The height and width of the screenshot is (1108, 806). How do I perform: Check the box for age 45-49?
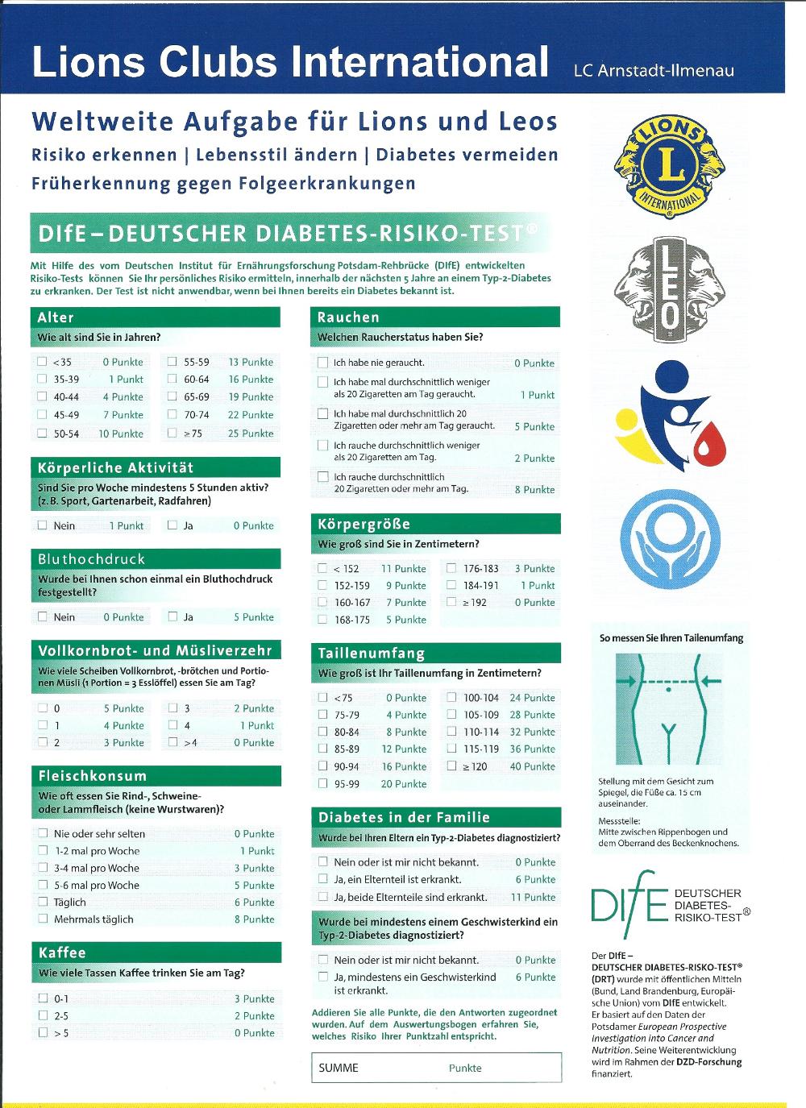[x=43, y=415]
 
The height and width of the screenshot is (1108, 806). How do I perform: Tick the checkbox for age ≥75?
[x=172, y=433]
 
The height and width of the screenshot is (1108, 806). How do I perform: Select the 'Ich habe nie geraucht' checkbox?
[x=323, y=363]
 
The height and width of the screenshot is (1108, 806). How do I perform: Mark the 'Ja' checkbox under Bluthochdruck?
[x=172, y=616]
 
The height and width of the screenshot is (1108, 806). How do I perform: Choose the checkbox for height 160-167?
[x=323, y=602]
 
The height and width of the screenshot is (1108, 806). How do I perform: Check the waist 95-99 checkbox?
[x=323, y=783]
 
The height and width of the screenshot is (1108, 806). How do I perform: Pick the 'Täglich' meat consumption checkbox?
[x=43, y=902]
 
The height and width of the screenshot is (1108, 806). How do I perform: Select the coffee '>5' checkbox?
[x=43, y=1032]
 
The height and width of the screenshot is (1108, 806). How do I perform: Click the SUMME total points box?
[x=436, y=1068]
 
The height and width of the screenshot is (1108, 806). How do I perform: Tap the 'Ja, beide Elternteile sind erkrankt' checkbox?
[x=323, y=896]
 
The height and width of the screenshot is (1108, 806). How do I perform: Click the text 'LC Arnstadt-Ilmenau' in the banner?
[x=654, y=71]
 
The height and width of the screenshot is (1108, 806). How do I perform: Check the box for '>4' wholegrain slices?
[x=172, y=742]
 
